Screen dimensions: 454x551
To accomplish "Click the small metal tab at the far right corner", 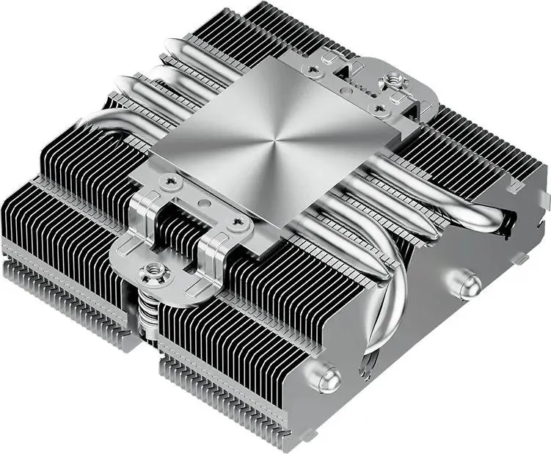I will point(544,198).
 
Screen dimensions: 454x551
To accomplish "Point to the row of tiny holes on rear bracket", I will point(356,87).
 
